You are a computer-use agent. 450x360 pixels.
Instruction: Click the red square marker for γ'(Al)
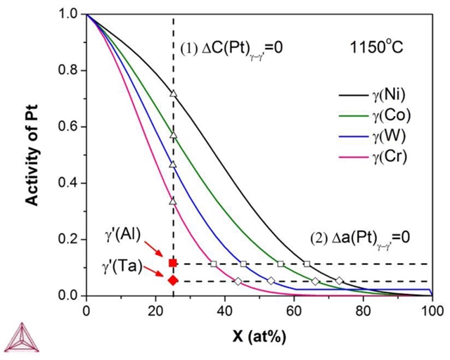173,263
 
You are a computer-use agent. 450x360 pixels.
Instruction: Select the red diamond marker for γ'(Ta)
173,281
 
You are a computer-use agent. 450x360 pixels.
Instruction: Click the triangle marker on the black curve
173,93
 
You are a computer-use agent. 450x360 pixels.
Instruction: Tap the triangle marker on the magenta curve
173,201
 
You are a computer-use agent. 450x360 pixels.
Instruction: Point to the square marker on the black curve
307,264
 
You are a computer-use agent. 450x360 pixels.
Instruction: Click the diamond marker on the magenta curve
238,281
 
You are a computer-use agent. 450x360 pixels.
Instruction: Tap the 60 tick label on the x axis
294,309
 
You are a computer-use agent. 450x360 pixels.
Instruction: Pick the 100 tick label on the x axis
432,309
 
